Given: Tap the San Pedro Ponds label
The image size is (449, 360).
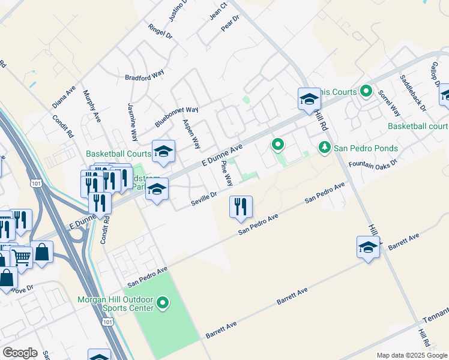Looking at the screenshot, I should point(366,148).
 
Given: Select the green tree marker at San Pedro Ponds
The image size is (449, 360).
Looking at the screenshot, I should point(324,147).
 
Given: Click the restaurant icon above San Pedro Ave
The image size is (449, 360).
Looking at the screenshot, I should point(241,206).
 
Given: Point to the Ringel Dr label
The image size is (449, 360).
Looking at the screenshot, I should point(160,31).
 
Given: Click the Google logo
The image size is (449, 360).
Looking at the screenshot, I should point(20,353).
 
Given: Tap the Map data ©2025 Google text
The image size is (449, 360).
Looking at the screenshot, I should point(412,355).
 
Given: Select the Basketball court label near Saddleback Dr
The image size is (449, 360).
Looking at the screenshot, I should point(418,126).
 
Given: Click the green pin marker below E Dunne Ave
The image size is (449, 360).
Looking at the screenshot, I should point(277,145).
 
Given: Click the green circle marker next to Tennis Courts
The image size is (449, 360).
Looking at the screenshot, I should point(367,92).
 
